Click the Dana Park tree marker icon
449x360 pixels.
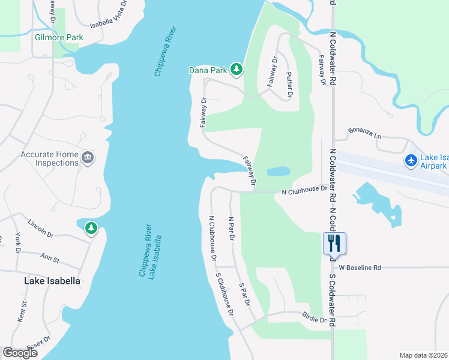pyautogui.click(x=237, y=70)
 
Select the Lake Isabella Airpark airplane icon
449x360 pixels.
pyautogui.click(x=411, y=161)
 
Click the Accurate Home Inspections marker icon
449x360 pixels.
pyautogui.click(x=88, y=158)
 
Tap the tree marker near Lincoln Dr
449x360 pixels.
pyautogui.click(x=91, y=228)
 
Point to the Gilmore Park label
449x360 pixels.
pyautogui.click(x=59, y=37)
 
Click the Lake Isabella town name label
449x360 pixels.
pyautogui.click(x=52, y=280)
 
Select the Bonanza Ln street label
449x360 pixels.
pyautogui.click(x=365, y=133)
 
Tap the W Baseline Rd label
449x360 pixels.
pyautogui.click(x=360, y=268)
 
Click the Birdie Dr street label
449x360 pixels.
pyautogui.click(x=314, y=320)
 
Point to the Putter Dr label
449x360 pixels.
pyautogui.click(x=289, y=85)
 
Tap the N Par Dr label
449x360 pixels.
pyautogui.click(x=231, y=229)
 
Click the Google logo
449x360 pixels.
pyautogui.click(x=20, y=352)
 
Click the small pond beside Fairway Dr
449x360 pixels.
pyautogui.click(x=278, y=172)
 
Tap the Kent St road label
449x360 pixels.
pyautogui.click(x=21, y=313)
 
